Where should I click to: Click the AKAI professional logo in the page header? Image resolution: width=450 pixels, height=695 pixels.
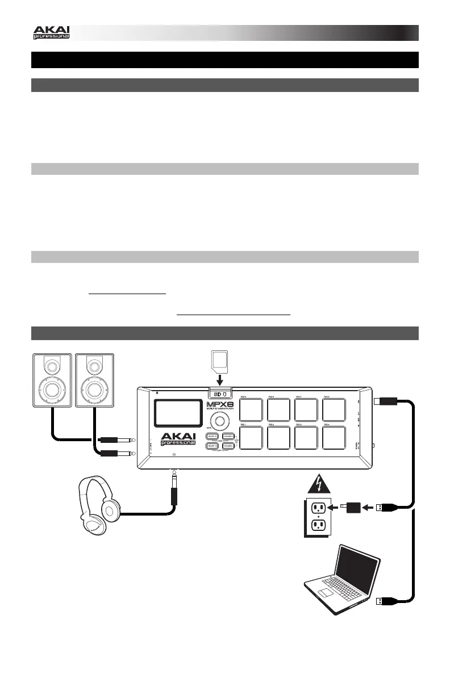pyautogui.click(x=51, y=32)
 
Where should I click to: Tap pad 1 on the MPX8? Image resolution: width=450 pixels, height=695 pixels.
pyautogui.click(x=251, y=438)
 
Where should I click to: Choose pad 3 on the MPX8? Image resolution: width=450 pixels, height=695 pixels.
pyautogui.click(x=307, y=438)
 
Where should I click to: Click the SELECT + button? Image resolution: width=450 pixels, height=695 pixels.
pyautogui.click(x=214, y=437)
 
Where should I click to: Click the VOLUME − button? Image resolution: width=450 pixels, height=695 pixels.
pyautogui.click(x=230, y=446)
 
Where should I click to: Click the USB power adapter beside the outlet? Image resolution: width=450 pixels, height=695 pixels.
pyautogui.click(x=351, y=506)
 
